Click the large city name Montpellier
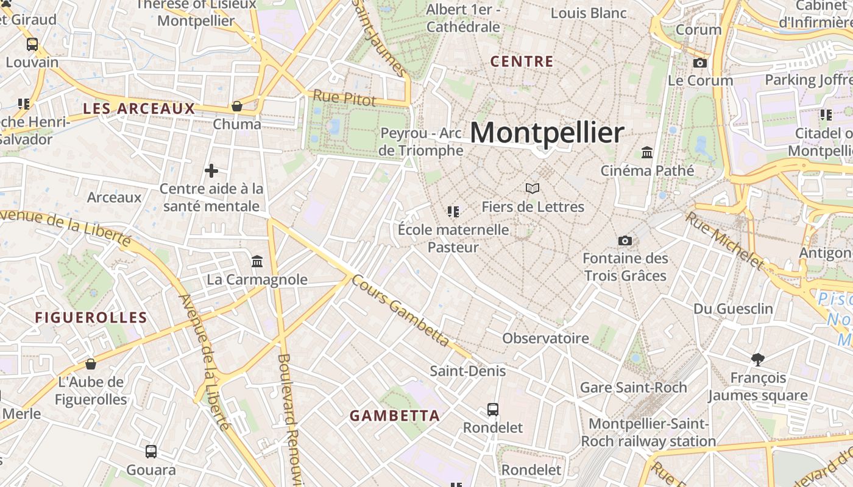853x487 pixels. tap(547, 133)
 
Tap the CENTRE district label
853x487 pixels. tap(522, 61)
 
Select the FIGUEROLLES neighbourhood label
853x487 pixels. tap(91, 317)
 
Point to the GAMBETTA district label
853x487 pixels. tap(394, 416)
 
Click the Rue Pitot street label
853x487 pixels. tap(344, 98)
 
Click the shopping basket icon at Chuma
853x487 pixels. tap(237, 107)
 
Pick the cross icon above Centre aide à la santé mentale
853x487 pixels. tap(211, 171)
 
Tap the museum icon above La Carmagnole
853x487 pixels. tap(257, 262)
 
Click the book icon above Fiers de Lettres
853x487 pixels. tap(533, 189)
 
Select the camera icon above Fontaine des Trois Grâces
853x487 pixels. tap(625, 240)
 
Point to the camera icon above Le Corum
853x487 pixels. tap(700, 63)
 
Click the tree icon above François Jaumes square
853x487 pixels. tap(758, 360)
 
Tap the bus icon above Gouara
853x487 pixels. tap(151, 452)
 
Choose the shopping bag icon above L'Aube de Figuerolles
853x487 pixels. tap(91, 365)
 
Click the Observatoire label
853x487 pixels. tap(545, 338)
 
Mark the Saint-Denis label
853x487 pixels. tap(468, 371)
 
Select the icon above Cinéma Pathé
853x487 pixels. tap(647, 152)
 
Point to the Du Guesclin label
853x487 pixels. tap(733, 309)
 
